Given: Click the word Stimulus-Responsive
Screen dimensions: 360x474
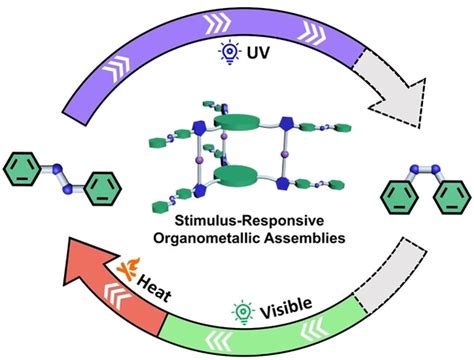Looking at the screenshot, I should tap(237, 218).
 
